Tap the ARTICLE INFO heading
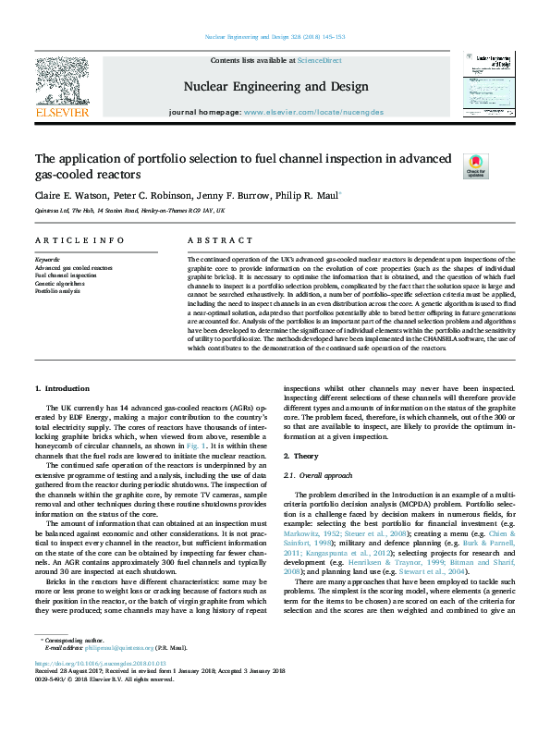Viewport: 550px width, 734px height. [x=79, y=240]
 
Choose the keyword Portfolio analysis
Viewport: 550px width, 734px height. [x=57, y=290]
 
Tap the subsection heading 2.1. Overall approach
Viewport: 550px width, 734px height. [x=318, y=475]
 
